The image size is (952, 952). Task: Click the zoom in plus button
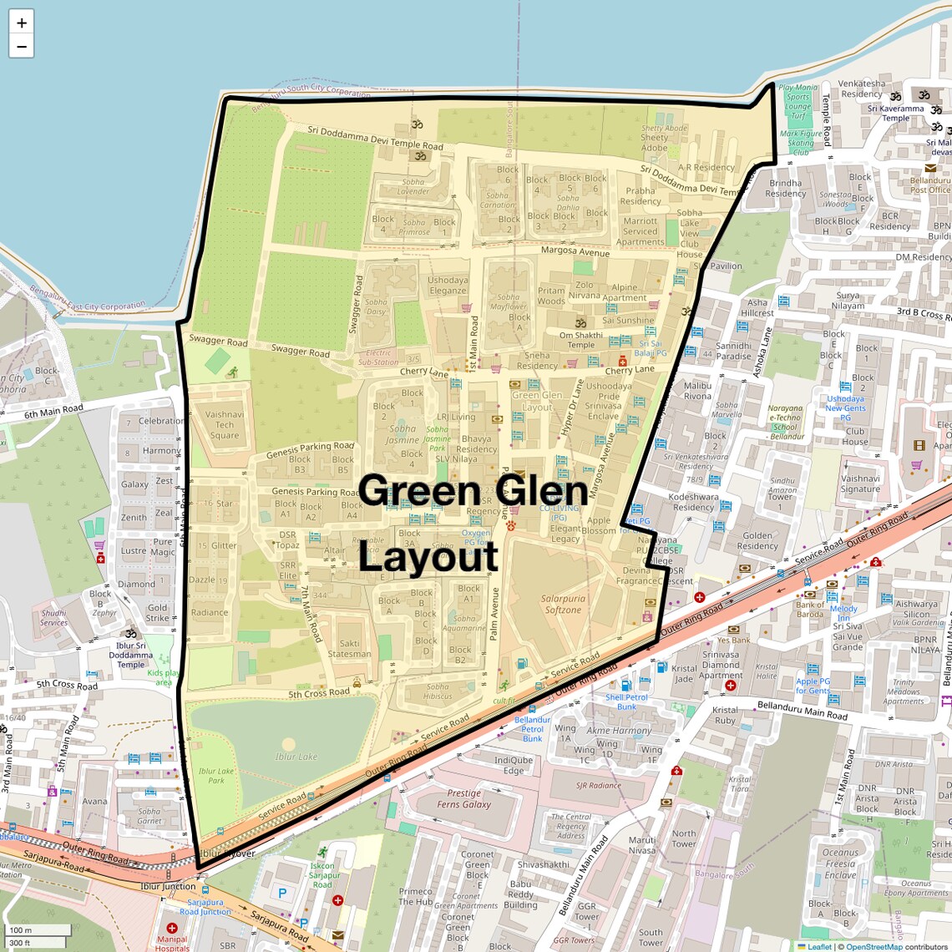(22, 23)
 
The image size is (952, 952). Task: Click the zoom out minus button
(22, 46)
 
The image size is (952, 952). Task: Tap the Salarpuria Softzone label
(563, 604)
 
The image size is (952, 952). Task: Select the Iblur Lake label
(296, 757)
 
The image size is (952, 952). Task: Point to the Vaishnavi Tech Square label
(225, 424)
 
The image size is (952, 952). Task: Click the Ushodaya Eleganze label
(448, 286)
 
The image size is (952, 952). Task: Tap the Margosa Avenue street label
(575, 251)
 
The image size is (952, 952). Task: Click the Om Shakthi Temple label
(581, 340)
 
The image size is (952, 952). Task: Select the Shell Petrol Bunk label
(626, 701)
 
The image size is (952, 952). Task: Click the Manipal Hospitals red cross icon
(172, 928)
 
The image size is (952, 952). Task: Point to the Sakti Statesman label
(350, 649)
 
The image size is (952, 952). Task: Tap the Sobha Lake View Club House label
(690, 234)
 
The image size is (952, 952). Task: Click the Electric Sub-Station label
(378, 357)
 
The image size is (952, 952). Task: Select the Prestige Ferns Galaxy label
(464, 798)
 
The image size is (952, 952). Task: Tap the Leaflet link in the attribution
(819, 946)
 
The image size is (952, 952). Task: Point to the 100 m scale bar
(38, 930)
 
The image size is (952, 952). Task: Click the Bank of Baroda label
(810, 610)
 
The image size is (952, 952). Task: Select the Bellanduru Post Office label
(929, 185)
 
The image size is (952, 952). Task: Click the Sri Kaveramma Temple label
(895, 113)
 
